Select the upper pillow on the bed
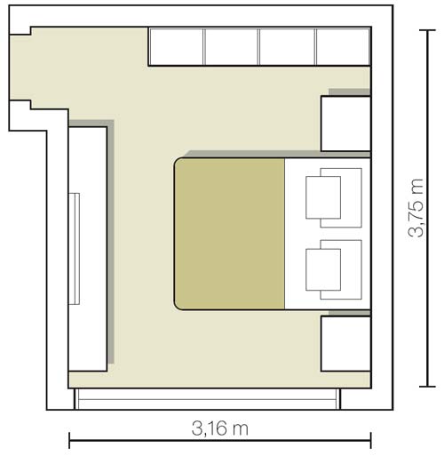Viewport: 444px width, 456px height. coord(323,195)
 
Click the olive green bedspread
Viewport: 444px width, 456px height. coord(229,234)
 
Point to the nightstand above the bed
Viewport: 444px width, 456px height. coord(345,124)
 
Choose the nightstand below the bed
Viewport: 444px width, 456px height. coord(345,344)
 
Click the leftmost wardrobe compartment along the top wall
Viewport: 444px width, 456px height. coord(177,46)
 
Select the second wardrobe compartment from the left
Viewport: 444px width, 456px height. coord(232,46)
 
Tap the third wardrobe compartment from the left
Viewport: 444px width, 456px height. coord(288,46)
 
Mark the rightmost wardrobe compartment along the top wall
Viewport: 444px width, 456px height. coord(343,46)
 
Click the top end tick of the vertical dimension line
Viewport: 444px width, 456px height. coord(429,28)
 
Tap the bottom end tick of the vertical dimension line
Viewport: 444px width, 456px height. coord(429,388)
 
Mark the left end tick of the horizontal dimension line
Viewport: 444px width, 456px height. coord(69,439)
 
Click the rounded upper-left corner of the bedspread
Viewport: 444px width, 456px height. coord(180,164)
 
